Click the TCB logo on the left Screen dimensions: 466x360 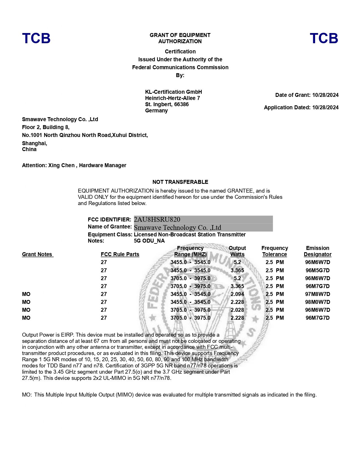click(x=36, y=38)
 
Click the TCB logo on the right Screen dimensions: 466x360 click(x=324, y=38)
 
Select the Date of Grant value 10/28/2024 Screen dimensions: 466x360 click(x=325, y=95)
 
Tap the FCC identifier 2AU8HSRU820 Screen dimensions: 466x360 click(x=157, y=219)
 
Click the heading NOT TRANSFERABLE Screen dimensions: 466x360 click(x=180, y=182)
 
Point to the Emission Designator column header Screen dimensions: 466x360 click(x=317, y=251)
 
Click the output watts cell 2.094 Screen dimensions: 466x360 click(x=237, y=294)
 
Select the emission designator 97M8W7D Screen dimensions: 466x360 click(x=317, y=294)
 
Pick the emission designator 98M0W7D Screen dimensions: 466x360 click(x=317, y=302)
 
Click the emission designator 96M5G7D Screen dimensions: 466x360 click(x=317, y=270)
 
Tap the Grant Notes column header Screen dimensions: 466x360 click(x=37, y=254)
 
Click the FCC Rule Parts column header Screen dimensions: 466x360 click(x=120, y=254)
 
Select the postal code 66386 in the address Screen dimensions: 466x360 click(x=181, y=104)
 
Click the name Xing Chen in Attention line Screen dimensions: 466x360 click(x=61, y=165)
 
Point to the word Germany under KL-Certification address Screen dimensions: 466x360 click(x=156, y=110)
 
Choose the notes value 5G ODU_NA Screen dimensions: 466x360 click(x=149, y=241)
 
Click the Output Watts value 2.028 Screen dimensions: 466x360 click(x=237, y=310)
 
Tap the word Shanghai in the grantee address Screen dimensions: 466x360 click(x=34, y=143)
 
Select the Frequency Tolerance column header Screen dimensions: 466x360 click(x=274, y=251)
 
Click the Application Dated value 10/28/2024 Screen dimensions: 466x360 click(x=325, y=107)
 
